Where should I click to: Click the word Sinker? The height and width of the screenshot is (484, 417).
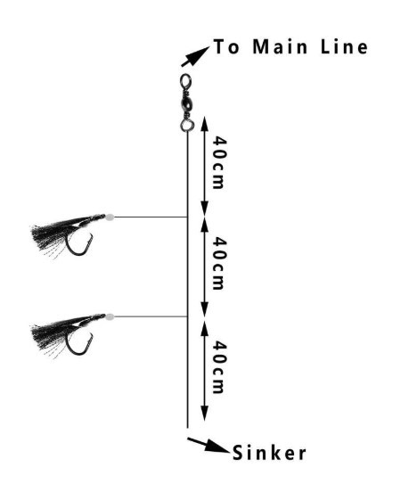pos(269,453)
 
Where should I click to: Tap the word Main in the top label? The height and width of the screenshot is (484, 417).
pos(280,47)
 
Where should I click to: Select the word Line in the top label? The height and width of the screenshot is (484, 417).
pos(344,47)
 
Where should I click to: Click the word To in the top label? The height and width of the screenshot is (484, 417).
pos(226,47)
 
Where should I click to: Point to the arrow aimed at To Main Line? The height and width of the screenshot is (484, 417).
pos(195,56)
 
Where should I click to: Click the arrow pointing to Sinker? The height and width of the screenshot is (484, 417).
pos(208,445)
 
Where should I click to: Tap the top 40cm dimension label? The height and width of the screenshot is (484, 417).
pos(220,162)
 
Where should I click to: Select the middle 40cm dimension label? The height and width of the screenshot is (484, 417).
pos(220,263)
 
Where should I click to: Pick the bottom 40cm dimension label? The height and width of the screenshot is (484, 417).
pos(220,367)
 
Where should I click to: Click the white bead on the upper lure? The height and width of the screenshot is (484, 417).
pos(110,217)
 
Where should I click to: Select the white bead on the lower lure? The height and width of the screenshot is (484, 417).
pos(110,316)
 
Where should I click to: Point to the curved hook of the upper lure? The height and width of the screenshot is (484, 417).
pos(77,254)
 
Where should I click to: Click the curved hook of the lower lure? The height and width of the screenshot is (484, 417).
pos(77,353)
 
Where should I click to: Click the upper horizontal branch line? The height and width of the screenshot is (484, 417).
pos(151,217)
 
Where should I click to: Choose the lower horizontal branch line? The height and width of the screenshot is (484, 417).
pos(151,316)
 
